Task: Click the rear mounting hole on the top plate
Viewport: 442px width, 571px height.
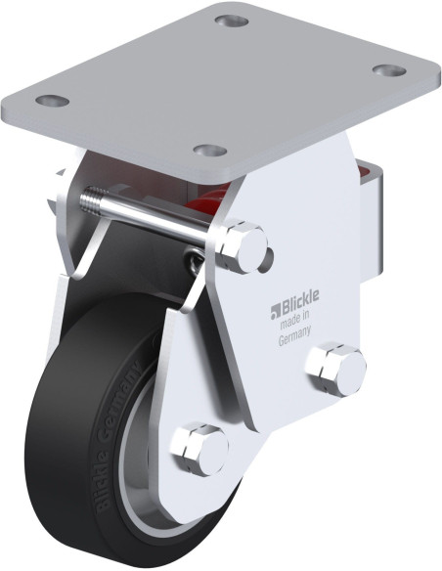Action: point(232,20)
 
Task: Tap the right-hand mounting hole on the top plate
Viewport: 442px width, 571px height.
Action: point(389,70)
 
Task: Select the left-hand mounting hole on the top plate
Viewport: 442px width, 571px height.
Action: point(53,101)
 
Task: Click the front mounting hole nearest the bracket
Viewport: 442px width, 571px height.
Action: point(210,150)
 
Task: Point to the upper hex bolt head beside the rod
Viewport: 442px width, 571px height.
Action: point(241,245)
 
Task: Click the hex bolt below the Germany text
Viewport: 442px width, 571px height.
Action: point(335,370)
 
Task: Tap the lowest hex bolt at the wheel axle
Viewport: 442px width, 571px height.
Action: point(199,449)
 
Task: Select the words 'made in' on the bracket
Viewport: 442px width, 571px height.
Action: point(294,320)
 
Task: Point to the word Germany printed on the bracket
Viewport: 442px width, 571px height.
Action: point(294,336)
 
